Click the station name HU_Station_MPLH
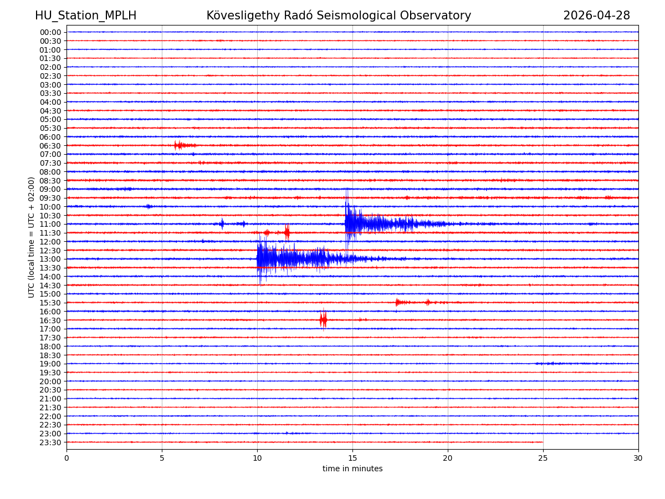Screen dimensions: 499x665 [x=85, y=16]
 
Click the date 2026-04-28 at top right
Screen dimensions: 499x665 [x=596, y=16]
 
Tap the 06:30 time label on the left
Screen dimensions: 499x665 [x=50, y=146]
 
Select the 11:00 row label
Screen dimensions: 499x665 [x=50, y=224]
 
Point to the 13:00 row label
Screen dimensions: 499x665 [x=50, y=259]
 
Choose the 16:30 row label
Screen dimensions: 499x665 [x=50, y=320]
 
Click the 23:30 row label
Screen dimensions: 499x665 [x=50, y=442]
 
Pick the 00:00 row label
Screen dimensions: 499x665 [x=50, y=32]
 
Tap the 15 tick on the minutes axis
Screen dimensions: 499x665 [x=352, y=459]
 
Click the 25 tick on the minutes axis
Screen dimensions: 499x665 [x=543, y=459]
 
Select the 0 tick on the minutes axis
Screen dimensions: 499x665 [x=66, y=459]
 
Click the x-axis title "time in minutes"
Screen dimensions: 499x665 [x=352, y=469]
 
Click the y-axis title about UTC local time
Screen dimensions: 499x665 [x=32, y=237]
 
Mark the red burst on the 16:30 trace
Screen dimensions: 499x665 [x=323, y=320]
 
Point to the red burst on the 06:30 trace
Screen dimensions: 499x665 [x=178, y=145]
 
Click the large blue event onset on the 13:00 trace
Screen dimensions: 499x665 [x=258, y=258]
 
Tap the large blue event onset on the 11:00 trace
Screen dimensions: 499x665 [x=346, y=223]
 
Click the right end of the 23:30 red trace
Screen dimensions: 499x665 [x=543, y=442]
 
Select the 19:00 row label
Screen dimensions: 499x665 [x=50, y=364]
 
